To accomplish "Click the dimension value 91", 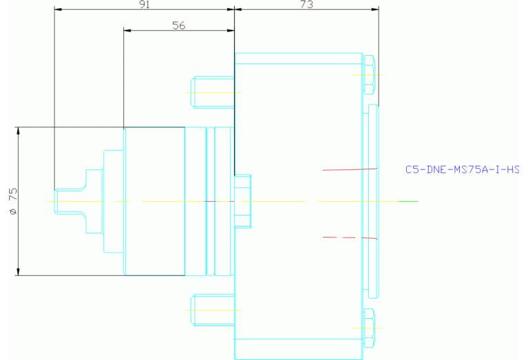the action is pos(144,4).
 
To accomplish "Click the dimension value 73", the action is pos(306,4).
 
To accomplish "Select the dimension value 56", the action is pos(179,25).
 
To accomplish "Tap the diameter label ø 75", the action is pos(13,201).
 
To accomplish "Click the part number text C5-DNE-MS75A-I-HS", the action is pos(462,169).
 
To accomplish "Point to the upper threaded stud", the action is pos(213,93).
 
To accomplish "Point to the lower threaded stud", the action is pos(213,310).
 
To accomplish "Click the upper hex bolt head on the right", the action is pos(369,75).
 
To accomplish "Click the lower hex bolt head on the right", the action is pos(369,328).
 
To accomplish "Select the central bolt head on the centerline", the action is pos(243,202).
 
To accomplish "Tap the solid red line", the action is pos(350,169).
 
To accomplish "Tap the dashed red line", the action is pos(350,237).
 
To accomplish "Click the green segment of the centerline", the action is pos(408,202).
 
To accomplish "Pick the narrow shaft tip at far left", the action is pos(69,202).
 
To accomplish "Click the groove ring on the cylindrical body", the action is pos(211,202).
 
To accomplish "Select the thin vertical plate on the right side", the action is pos(373,202).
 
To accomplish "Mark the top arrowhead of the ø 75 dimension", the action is pos(18,131).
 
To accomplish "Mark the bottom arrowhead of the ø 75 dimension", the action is pos(18,272).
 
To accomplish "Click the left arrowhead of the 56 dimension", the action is pos(127,31).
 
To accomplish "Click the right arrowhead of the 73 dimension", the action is pos(374,10).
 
